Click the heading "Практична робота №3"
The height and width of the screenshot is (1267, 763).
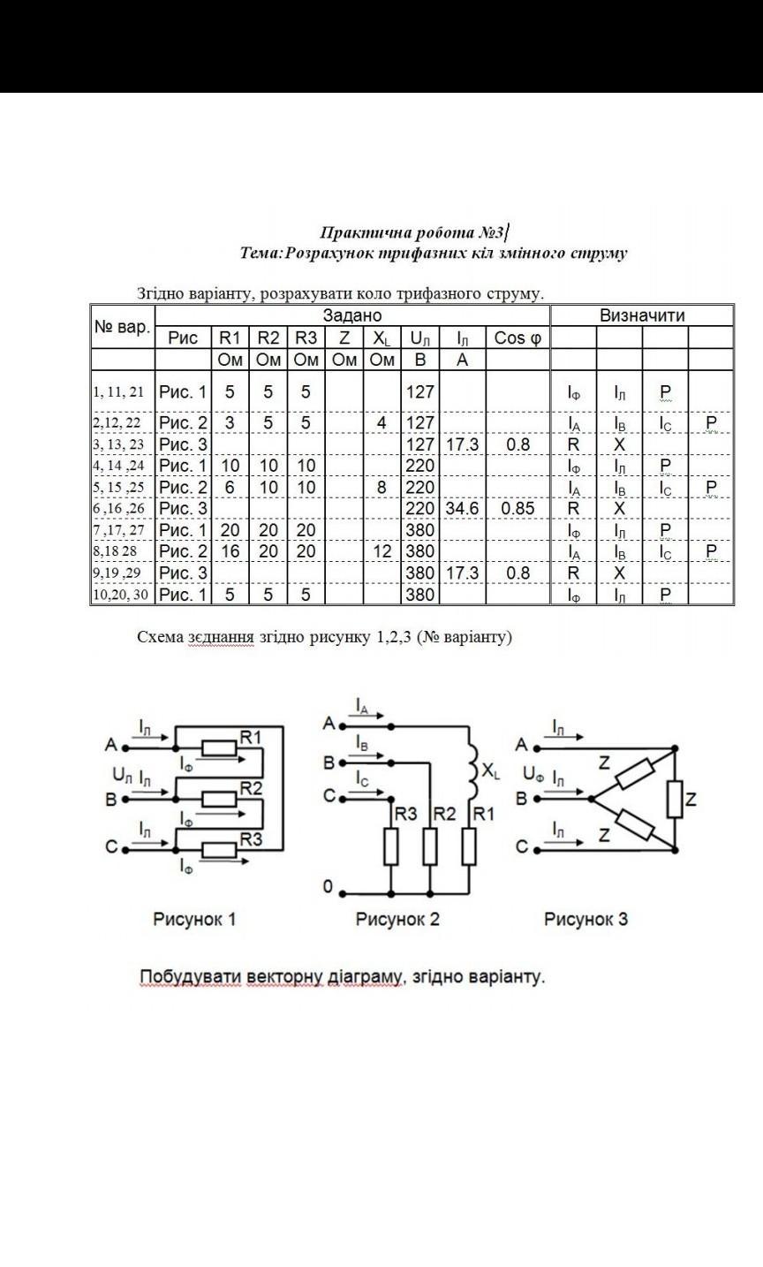pos(412,233)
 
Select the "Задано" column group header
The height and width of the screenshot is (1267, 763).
pos(351,315)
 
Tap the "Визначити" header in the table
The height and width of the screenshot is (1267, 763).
pos(642,315)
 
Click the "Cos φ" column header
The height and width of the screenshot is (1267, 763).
pos(517,338)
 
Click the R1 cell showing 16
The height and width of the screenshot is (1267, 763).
pos(230,551)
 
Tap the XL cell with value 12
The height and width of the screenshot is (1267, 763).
pos(381,551)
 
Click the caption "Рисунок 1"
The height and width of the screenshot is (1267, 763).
pos(194,919)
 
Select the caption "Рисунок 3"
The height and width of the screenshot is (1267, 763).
pos(585,919)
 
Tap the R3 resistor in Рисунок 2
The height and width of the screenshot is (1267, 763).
pos(391,846)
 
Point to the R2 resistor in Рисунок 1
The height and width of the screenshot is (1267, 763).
pos(219,799)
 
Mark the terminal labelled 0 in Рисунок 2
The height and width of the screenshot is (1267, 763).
pos(329,888)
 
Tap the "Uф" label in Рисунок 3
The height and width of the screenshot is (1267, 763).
pos(533,775)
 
